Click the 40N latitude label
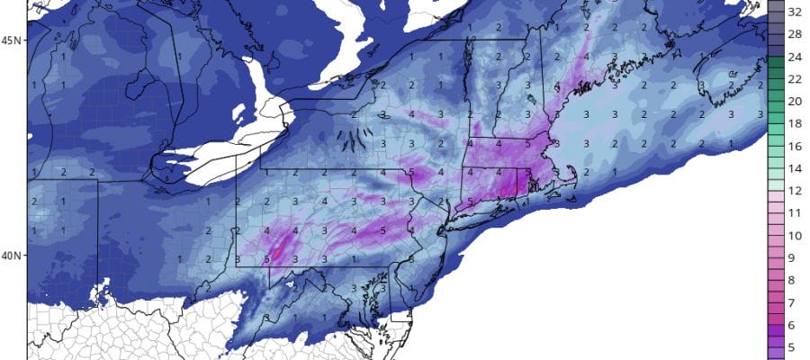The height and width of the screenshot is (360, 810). pyautogui.click(x=13, y=255)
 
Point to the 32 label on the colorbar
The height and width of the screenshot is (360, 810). pyautogui.click(x=796, y=13)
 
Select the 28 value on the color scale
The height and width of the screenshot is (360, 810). pyautogui.click(x=796, y=35)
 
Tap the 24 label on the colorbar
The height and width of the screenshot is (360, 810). pyautogui.click(x=796, y=58)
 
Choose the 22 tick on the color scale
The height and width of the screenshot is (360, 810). pyautogui.click(x=796, y=79)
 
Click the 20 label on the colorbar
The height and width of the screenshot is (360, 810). pyautogui.click(x=796, y=101)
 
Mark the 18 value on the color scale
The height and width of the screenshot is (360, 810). pyautogui.click(x=796, y=123)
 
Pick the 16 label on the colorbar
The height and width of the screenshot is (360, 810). pyautogui.click(x=796, y=146)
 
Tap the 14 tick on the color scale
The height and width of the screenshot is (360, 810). pyautogui.click(x=796, y=167)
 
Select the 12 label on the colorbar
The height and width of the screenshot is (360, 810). pyautogui.click(x=796, y=190)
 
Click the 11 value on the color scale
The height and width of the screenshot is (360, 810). pyautogui.click(x=796, y=212)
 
